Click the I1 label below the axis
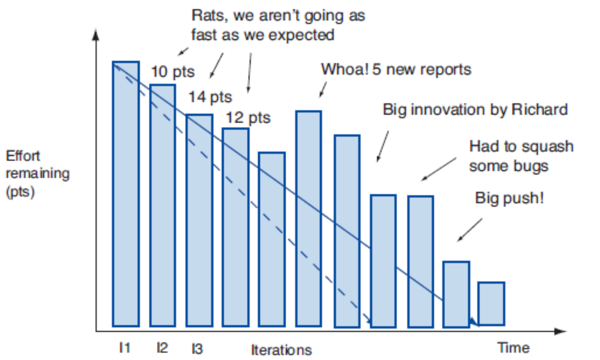pos(125,347)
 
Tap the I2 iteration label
pos(162,347)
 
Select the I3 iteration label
pos(197,348)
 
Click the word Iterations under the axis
pos(281,350)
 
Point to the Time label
pos(514,347)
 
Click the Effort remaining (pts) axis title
pos(37,173)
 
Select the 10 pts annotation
pos(173,72)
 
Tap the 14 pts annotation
pos(210,97)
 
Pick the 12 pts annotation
pos(248,118)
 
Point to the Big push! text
pos(509,198)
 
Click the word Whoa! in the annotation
pos(344,69)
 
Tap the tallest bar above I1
pos(126,194)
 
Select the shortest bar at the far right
pos(491,304)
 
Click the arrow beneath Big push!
pos(470,230)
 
